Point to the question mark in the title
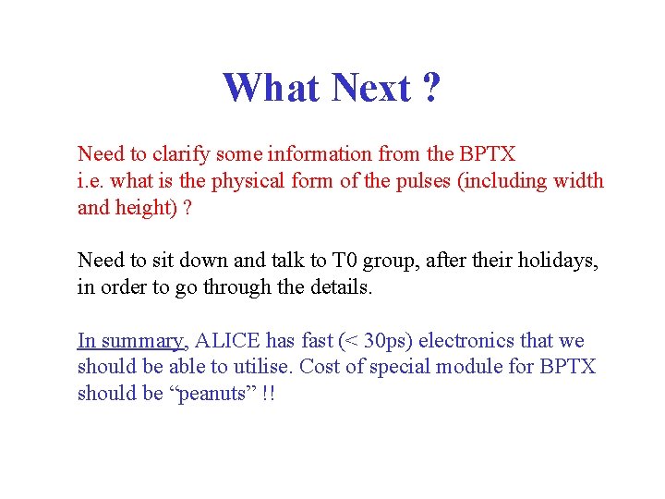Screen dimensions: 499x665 pyautogui.click(x=430, y=88)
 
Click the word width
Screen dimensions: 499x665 pyautogui.click(x=578, y=180)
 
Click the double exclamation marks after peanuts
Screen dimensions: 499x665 pyautogui.click(x=268, y=394)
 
